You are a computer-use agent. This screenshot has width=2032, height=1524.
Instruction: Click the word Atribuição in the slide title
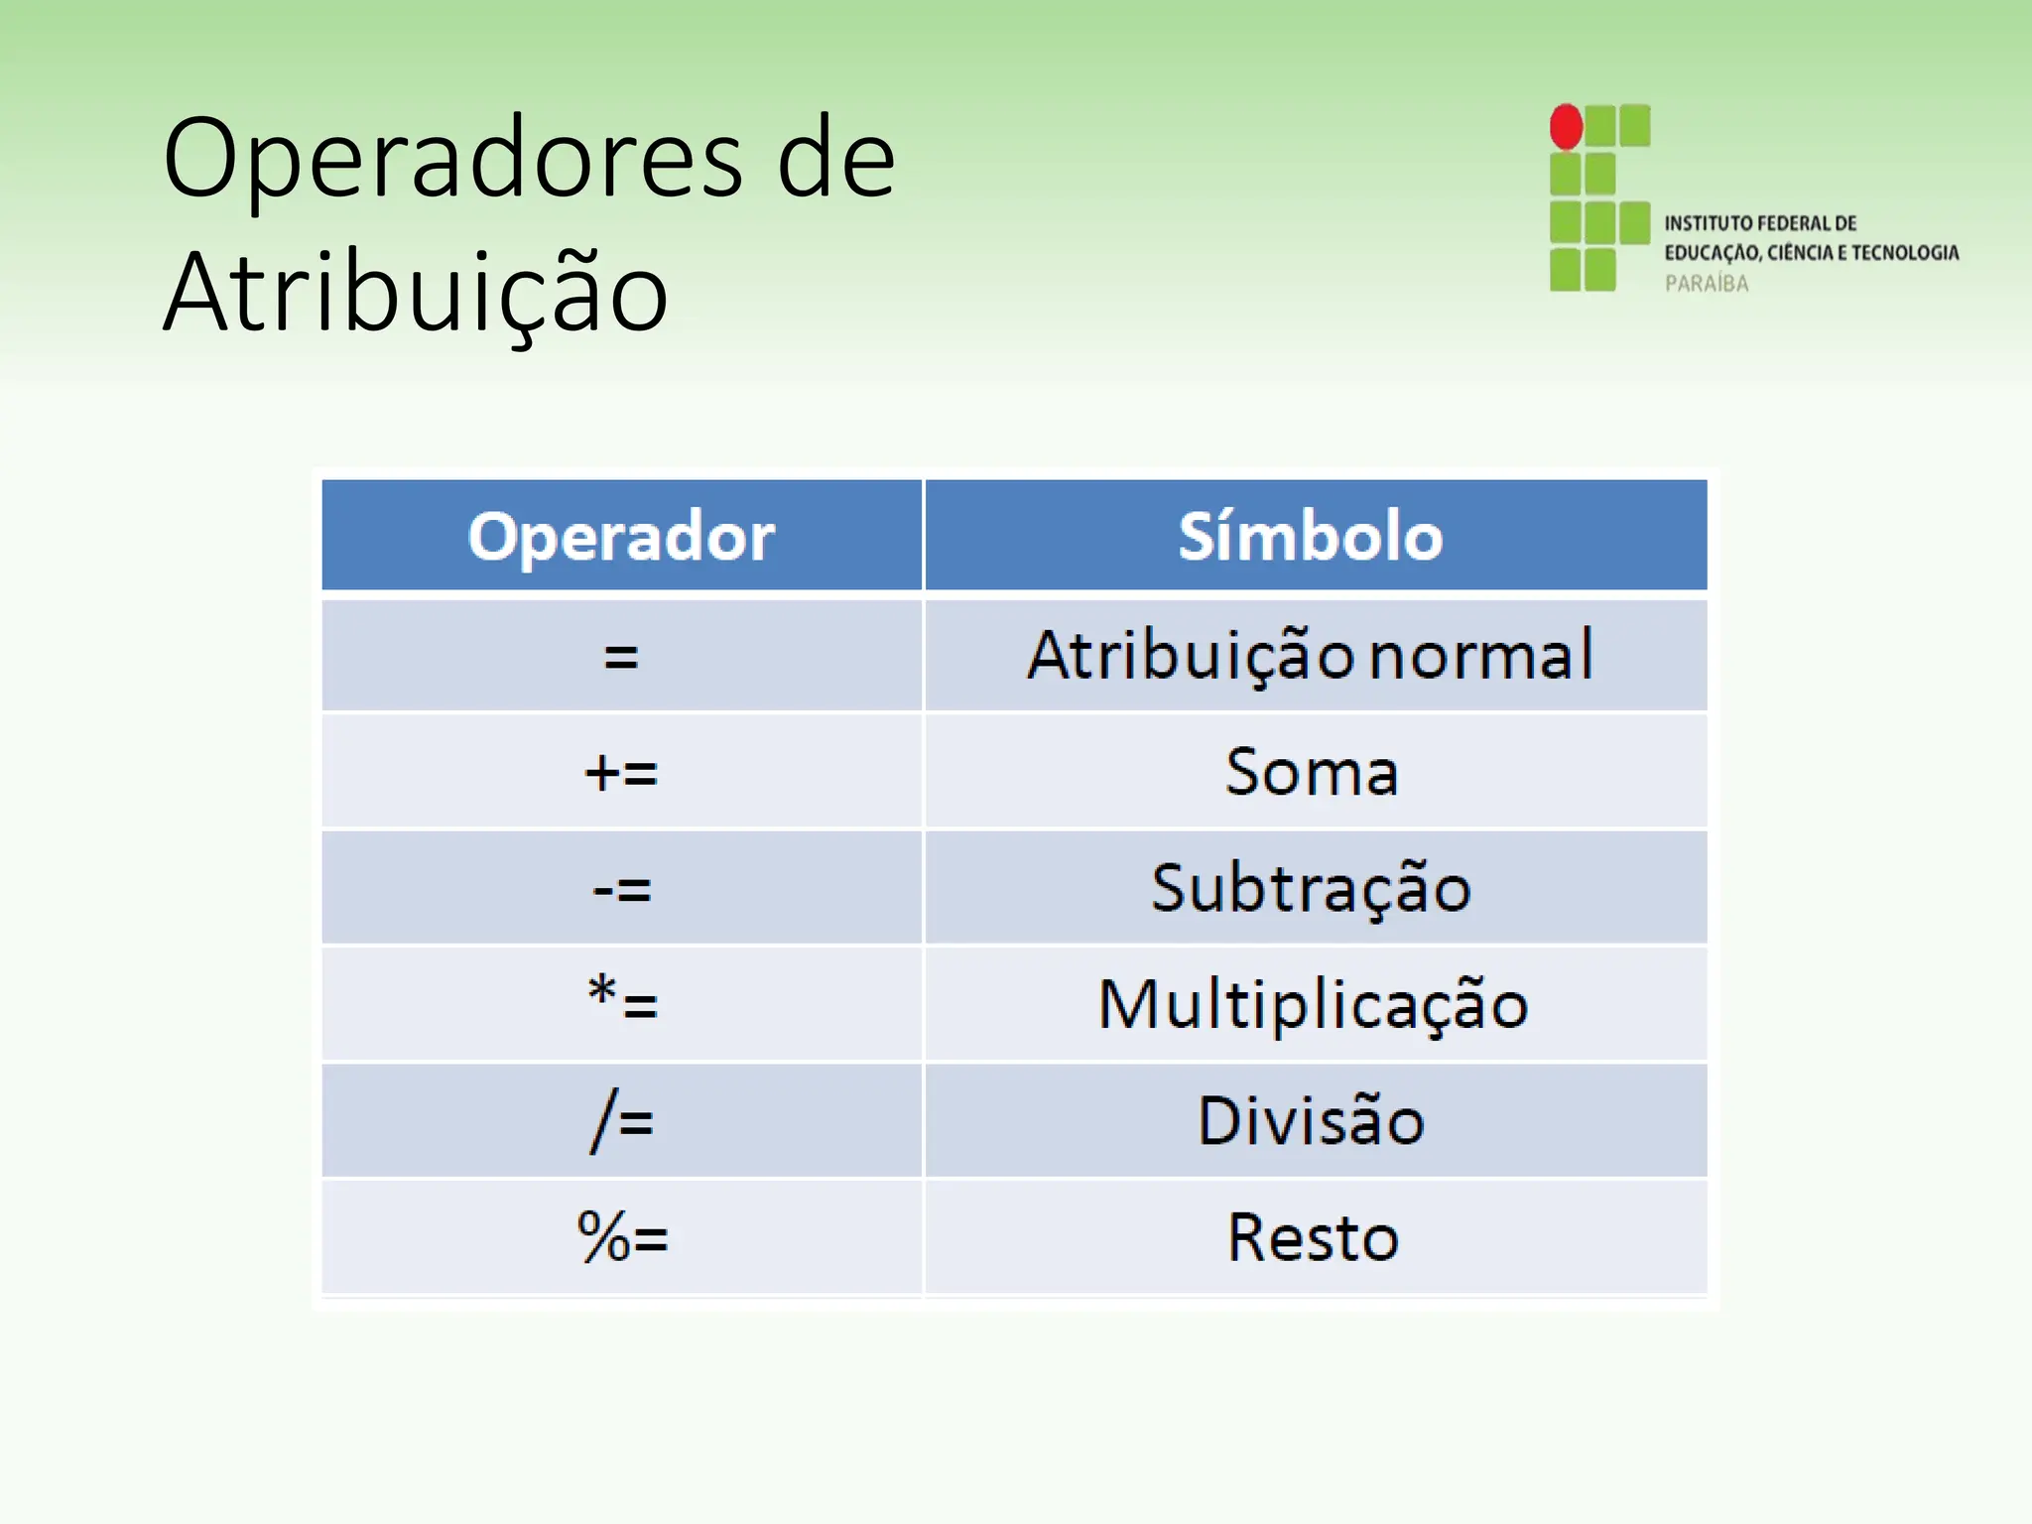[x=416, y=294]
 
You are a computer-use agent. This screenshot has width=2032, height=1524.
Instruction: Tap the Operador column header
[x=621, y=537]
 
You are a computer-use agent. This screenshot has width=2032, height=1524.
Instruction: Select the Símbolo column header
[x=1311, y=537]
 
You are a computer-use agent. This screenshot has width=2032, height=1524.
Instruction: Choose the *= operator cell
[x=621, y=1002]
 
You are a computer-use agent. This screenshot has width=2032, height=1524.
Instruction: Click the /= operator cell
[x=621, y=1121]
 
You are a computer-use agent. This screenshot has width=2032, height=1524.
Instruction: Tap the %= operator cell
[x=621, y=1237]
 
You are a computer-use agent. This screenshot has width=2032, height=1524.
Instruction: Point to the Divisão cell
[x=1311, y=1121]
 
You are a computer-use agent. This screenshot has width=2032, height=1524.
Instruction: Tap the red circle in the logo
[x=1566, y=127]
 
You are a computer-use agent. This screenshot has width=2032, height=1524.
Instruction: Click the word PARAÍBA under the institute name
[x=1706, y=284]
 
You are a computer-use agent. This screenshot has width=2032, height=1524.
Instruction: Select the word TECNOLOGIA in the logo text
[x=1905, y=253]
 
